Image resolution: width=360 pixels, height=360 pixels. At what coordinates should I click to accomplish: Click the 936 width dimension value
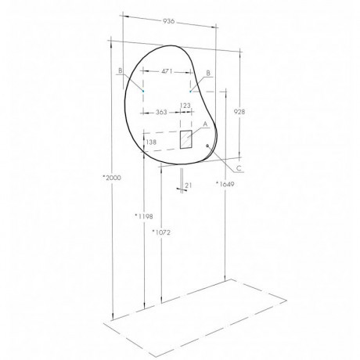coord(169,21)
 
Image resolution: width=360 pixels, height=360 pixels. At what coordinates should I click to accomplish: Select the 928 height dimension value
coord(239,112)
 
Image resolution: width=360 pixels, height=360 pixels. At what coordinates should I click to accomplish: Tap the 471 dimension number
coord(167,71)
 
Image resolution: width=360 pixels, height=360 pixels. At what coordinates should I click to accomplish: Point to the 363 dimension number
coord(161,112)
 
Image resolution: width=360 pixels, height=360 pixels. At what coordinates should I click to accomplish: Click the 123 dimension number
coord(185,106)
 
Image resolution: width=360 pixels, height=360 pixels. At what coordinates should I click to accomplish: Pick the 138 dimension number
coord(151,142)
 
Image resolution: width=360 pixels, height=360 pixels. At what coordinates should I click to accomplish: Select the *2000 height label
coord(112,178)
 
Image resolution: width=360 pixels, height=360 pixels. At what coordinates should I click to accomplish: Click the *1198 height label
coord(144,216)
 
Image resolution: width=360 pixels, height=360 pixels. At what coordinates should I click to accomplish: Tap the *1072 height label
coord(161,232)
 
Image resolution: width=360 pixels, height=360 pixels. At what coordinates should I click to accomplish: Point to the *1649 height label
coord(225,184)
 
